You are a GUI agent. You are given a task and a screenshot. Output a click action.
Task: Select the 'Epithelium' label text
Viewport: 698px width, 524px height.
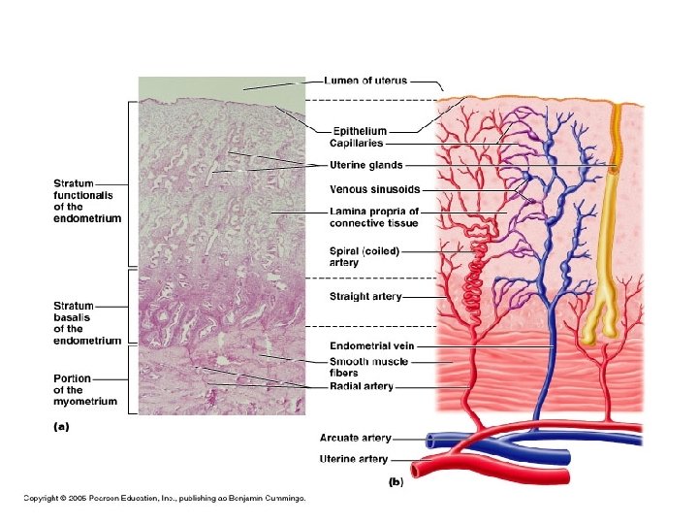coord(360,131)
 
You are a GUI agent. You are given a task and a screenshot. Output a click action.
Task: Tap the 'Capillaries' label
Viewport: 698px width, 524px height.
coord(357,144)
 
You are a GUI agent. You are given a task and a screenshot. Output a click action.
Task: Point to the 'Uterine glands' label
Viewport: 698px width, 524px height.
coord(366,165)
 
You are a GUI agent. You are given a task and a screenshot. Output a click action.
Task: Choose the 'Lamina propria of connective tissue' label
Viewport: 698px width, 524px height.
coord(374,216)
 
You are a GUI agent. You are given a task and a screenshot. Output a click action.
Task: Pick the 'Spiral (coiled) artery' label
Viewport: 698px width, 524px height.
coord(364,256)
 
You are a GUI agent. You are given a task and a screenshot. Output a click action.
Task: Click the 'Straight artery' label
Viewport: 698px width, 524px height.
coord(365,297)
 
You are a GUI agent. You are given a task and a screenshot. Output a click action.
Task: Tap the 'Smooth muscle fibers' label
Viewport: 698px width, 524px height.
coord(369,366)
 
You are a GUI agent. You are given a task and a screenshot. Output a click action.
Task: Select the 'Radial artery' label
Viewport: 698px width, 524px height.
coord(362,386)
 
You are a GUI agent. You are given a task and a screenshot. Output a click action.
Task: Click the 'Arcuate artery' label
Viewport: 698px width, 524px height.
coord(355,439)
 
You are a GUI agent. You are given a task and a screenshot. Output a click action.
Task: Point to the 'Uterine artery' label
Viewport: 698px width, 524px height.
coord(354,459)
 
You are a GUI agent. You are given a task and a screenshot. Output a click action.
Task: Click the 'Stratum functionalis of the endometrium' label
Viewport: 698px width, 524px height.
coord(87,201)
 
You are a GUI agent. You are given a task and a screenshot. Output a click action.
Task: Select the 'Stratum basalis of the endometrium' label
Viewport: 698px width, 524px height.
coord(87,323)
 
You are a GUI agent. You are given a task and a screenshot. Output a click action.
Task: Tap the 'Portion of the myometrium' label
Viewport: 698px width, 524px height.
coord(85,389)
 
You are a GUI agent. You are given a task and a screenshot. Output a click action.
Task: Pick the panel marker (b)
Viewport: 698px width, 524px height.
coord(396,482)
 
